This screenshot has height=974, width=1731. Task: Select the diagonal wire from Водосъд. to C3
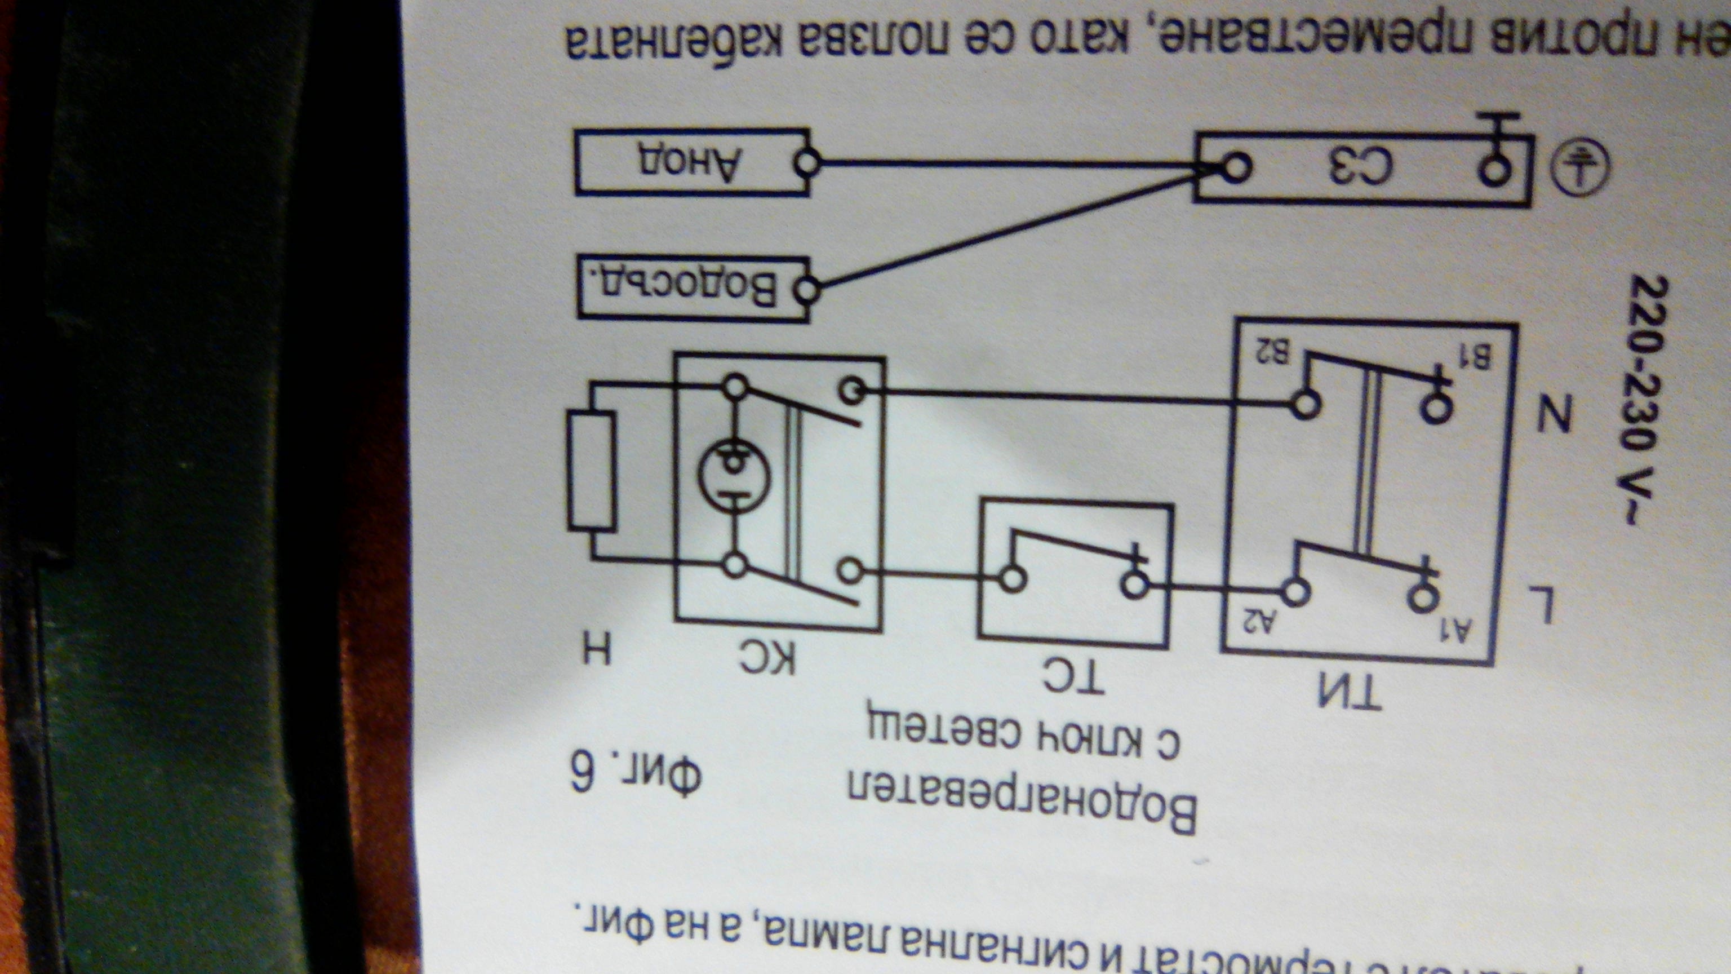1008,232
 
